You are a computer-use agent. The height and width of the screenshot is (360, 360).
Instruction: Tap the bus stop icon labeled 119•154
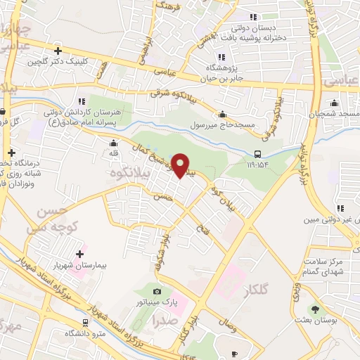coord(257,155)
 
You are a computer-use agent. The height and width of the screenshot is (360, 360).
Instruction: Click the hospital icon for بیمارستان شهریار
coord(79,254)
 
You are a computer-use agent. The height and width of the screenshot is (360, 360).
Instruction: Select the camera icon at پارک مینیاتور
coord(157,291)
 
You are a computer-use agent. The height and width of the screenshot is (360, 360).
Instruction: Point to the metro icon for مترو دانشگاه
coord(85,323)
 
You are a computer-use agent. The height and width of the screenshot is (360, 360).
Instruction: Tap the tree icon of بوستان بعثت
coord(314,309)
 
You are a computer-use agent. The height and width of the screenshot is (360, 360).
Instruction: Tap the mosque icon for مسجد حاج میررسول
coord(223,115)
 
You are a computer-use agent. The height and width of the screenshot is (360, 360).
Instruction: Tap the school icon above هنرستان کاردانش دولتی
coord(82,102)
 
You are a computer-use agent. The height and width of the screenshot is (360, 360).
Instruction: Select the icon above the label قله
coord(113,142)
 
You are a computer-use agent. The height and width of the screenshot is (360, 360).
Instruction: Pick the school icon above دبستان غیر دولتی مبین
coord(340,208)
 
